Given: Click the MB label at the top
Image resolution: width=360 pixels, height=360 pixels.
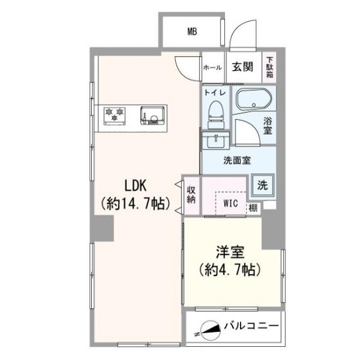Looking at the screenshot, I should click(x=192, y=31).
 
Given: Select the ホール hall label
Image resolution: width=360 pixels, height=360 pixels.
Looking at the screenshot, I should click(x=212, y=67).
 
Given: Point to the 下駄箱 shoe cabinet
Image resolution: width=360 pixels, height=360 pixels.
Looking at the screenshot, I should click(x=270, y=67).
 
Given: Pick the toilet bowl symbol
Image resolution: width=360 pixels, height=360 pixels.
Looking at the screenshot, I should click(x=214, y=114).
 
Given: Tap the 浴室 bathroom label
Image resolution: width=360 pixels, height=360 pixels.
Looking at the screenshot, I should click(x=268, y=125).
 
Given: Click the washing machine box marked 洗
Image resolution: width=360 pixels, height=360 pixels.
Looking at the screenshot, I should click(x=262, y=186).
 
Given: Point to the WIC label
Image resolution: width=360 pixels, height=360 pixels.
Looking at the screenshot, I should click(x=230, y=203).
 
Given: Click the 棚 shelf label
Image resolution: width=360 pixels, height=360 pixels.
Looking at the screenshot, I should click(x=253, y=208).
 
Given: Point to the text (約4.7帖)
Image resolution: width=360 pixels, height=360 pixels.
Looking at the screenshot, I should click(x=230, y=270).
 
